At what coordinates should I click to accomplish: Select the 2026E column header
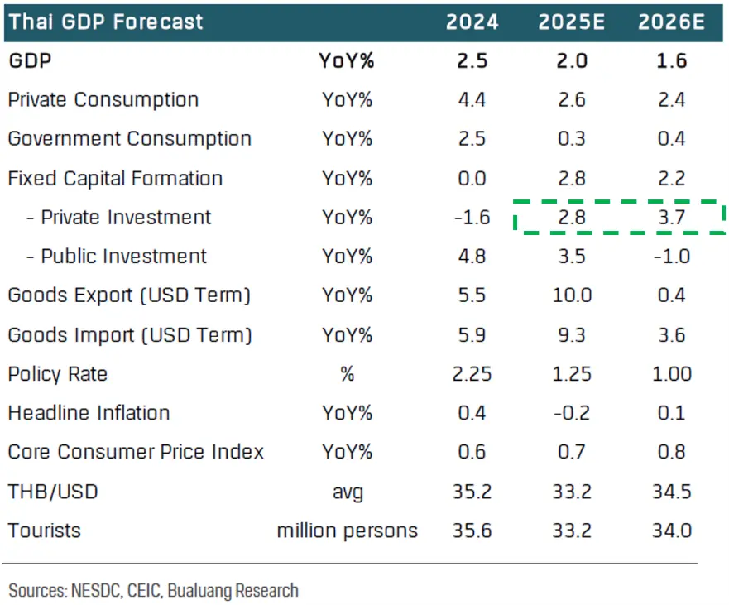670,22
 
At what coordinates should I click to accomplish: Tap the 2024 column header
472,22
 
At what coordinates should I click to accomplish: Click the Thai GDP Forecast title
106,22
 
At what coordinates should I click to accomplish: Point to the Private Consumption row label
103,100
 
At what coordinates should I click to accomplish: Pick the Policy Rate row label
58,374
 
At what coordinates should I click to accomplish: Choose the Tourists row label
45,530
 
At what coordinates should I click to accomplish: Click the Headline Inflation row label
89,412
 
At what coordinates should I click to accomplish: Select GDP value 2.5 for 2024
472,61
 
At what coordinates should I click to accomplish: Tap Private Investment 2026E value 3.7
670,218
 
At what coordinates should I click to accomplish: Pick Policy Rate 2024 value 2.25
472,374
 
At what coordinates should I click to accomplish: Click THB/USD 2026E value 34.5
670,491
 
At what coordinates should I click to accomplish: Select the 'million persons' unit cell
348,530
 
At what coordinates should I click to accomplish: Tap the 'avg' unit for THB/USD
348,492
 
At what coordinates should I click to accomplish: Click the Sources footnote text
153,590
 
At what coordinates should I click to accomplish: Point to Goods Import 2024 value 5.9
472,335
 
